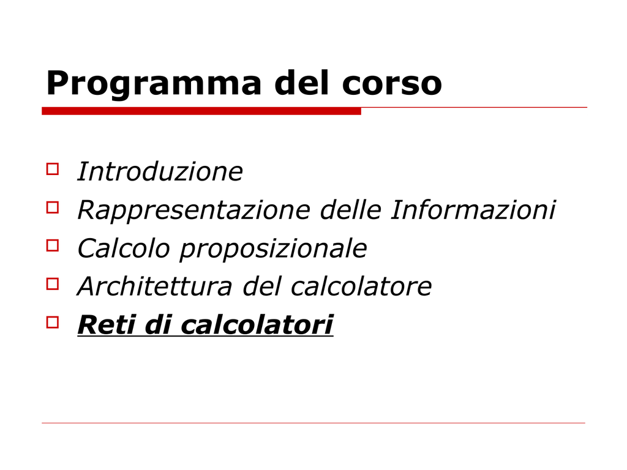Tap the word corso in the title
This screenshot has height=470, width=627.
click(392, 83)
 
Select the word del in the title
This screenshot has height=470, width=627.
click(302, 83)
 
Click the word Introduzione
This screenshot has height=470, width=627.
click(160, 171)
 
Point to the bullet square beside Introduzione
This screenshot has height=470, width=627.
click(53, 169)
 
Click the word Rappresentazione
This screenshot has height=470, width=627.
click(193, 211)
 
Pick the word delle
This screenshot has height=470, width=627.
click(351, 209)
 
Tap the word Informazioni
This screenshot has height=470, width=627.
click(473, 209)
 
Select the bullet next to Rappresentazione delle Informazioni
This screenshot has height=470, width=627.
click(53, 207)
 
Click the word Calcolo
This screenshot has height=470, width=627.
click(124, 248)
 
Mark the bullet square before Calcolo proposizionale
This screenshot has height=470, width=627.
click(53, 246)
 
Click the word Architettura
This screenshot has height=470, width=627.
click(154, 286)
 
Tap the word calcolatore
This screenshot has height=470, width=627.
click(361, 286)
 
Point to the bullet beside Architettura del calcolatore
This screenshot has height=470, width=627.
click(53, 284)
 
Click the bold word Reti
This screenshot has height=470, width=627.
click(106, 324)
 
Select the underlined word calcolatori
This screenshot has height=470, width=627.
click(257, 324)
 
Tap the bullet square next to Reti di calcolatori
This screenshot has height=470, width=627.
click(53, 323)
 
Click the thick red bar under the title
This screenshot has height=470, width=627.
click(201, 111)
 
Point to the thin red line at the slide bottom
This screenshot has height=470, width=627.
click(313, 423)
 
